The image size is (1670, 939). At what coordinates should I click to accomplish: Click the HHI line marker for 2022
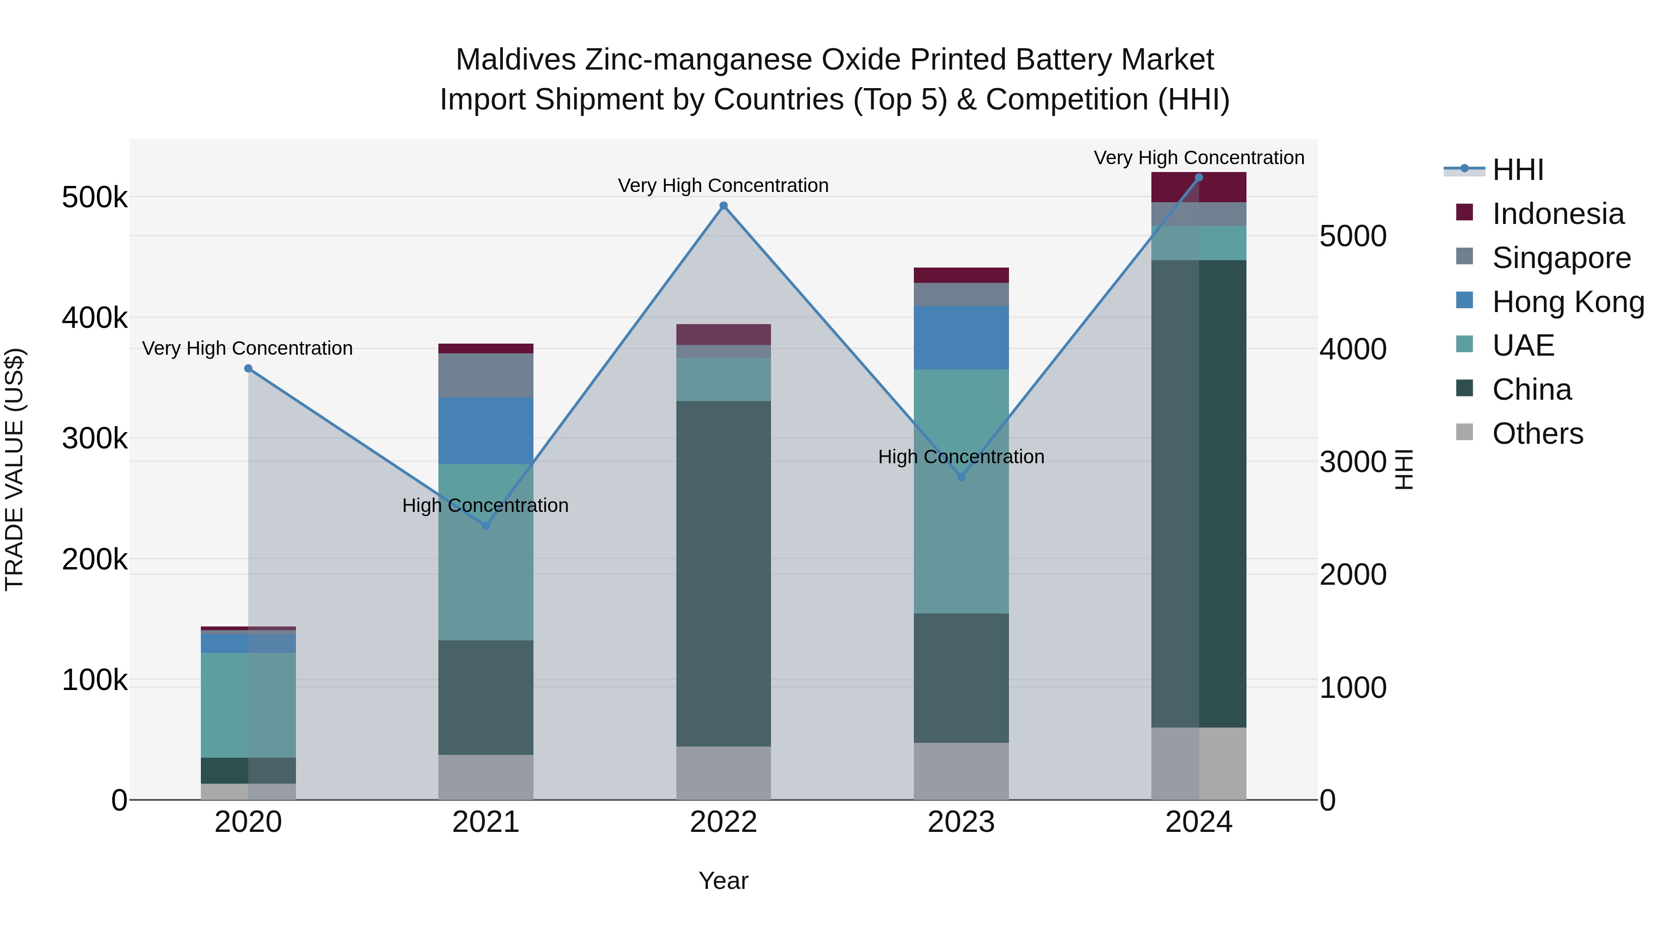click(x=724, y=206)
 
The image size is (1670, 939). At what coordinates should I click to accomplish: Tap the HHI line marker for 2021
click(x=486, y=525)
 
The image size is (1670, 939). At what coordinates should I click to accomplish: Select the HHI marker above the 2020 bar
click(x=248, y=368)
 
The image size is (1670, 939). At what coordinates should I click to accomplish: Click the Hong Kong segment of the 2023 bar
click(x=961, y=338)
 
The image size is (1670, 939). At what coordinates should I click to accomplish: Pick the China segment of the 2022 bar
click(x=724, y=574)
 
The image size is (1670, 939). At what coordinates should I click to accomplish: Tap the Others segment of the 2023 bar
click(x=961, y=771)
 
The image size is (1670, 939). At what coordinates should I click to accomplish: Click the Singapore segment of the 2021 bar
click(x=486, y=375)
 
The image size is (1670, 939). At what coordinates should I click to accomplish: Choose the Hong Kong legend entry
click(x=1567, y=302)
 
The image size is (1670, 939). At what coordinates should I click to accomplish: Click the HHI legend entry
click(x=1517, y=170)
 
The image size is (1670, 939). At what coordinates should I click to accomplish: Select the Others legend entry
click(x=1536, y=434)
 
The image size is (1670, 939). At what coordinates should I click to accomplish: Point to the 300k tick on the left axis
click(x=95, y=439)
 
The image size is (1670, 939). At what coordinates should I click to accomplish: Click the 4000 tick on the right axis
click(x=1352, y=349)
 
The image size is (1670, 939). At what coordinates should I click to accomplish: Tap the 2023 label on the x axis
click(x=961, y=822)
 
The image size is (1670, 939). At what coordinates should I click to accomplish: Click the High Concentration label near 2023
click(x=961, y=457)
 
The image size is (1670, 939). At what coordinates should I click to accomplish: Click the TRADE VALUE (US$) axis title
click(x=14, y=469)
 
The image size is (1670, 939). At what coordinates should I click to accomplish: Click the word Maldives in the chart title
click(x=515, y=60)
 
